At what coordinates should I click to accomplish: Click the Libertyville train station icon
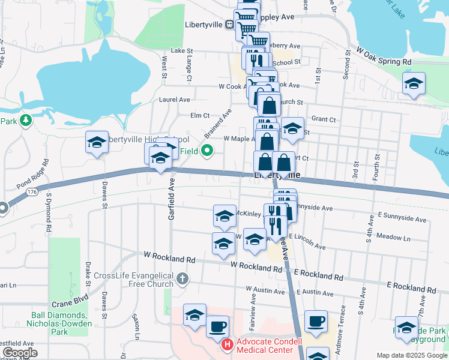(229, 25)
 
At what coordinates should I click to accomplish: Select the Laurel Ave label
(174, 100)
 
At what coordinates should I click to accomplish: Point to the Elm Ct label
(199, 115)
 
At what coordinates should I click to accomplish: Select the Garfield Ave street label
(171, 201)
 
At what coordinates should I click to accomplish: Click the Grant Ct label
(324, 119)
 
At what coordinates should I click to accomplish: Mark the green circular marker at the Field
(208, 151)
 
